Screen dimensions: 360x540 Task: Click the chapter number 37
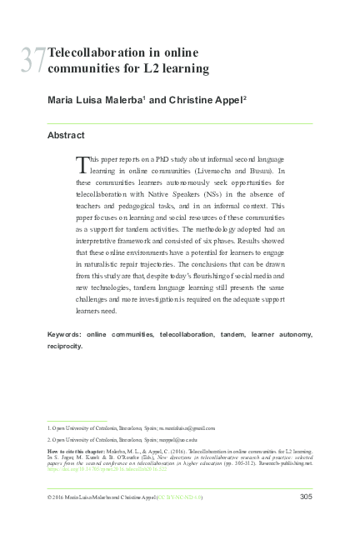pyautogui.click(x=34, y=60)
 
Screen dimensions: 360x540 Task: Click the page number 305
pyautogui.click(x=305, y=497)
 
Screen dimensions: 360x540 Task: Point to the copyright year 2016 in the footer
pyautogui.click(x=57, y=498)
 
